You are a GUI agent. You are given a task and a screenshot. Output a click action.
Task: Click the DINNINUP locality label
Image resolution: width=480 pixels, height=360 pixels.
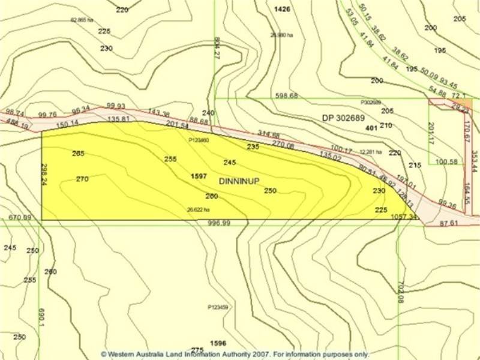(x=239, y=181)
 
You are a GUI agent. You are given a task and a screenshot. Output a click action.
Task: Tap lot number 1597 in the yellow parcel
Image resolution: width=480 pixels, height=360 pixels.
(x=199, y=176)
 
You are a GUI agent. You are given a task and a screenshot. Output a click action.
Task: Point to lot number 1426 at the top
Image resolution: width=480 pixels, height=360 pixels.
(x=281, y=9)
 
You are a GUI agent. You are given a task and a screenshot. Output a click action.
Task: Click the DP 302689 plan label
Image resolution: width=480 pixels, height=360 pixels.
(x=343, y=118)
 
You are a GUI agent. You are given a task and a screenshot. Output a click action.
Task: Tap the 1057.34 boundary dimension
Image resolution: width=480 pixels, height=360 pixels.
(x=403, y=217)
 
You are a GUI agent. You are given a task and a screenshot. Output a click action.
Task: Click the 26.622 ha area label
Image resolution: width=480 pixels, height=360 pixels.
(x=199, y=210)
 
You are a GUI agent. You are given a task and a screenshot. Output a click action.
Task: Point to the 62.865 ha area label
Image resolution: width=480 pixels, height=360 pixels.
(x=82, y=20)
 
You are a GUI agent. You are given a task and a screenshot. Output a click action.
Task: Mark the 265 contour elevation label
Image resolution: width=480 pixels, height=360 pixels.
(x=78, y=154)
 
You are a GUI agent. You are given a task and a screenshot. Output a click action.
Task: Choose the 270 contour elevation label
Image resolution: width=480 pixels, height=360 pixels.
(x=82, y=179)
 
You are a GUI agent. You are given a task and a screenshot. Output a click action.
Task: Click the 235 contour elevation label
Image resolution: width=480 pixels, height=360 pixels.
(x=253, y=146)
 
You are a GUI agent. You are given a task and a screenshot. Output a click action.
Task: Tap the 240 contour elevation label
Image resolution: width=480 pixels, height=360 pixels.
(x=208, y=113)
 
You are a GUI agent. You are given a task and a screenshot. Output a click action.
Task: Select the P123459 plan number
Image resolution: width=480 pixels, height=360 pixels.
(x=218, y=307)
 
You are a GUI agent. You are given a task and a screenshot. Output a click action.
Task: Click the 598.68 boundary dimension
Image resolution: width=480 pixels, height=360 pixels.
(x=286, y=96)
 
